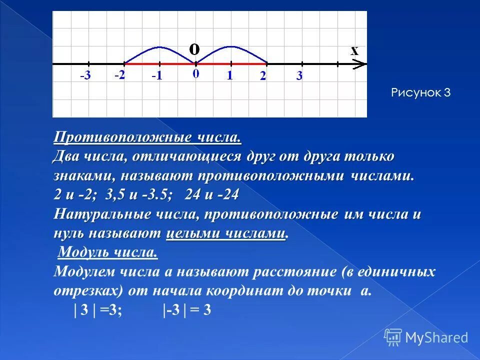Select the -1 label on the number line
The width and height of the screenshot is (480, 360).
point(156,77)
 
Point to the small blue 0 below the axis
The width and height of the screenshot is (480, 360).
point(195,74)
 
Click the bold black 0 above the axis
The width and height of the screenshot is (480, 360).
point(194,48)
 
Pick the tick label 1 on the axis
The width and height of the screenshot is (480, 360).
point(229,75)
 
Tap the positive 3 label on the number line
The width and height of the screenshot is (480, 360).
point(299,76)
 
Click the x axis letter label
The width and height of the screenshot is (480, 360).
point(354,50)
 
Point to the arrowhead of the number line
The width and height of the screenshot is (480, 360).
point(361,64)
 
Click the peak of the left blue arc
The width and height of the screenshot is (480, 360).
point(159,47)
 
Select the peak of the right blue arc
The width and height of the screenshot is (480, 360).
point(230,47)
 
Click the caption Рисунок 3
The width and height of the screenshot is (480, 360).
point(420,92)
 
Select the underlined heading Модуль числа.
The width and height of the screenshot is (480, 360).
point(108,253)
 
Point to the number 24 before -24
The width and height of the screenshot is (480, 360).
point(192,195)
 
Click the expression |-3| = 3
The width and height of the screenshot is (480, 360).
point(186,310)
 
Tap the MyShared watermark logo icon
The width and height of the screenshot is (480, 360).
point(393,337)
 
